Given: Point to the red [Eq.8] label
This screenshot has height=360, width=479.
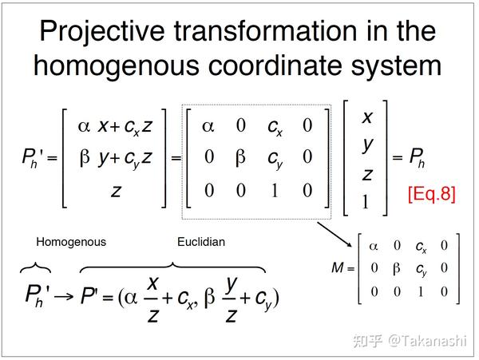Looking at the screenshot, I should (430, 194).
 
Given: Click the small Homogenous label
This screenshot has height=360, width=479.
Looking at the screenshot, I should (70, 242).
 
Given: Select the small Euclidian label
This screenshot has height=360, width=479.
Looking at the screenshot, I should (200, 242).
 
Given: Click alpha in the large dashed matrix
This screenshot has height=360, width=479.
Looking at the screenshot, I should (208, 125).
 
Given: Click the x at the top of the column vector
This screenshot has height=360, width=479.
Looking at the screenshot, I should (367, 117).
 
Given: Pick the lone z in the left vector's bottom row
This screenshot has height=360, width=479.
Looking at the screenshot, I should (115, 191).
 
